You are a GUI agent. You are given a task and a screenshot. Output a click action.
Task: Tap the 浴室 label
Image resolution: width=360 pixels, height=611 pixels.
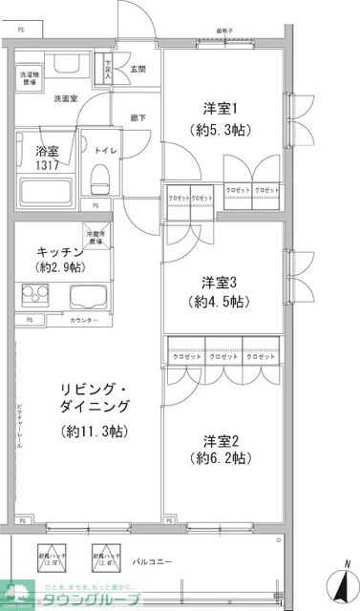pos(35,150)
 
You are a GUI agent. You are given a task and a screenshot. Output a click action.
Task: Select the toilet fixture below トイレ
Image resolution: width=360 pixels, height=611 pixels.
pos(100,175)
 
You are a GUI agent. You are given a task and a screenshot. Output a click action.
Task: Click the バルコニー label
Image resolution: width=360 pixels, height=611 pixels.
pos(152,562)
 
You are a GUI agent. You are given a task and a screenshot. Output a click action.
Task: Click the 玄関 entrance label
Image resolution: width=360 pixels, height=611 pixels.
pos(138,68)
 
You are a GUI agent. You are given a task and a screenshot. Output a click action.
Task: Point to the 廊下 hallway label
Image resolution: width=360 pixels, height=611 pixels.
pos(138,117)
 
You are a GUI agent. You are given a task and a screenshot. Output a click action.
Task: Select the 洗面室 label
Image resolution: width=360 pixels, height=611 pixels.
pos(66,98)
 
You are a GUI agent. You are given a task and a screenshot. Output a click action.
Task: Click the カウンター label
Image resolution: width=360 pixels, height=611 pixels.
pos(83,320)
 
